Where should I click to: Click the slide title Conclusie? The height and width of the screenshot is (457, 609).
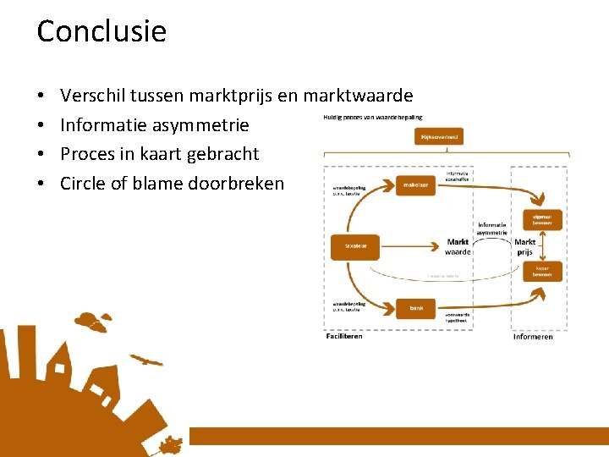pos(101,31)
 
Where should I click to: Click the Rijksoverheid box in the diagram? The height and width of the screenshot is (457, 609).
pos(439,136)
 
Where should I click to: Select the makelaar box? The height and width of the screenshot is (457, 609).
pos(415,184)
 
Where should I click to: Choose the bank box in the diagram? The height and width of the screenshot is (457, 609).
pos(415,308)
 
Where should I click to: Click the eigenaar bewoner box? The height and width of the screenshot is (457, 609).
pos(542,220)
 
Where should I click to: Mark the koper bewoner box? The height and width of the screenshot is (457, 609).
pos(542,271)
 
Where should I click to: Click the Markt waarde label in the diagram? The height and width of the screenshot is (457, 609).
pos(458,246)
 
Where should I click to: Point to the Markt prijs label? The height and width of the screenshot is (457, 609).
pos(524,246)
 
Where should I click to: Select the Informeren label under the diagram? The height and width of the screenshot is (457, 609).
pos(533,336)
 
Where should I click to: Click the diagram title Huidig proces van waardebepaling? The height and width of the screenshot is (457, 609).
pos(373,117)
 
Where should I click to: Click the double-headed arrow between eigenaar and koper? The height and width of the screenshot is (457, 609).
pos(542,245)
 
